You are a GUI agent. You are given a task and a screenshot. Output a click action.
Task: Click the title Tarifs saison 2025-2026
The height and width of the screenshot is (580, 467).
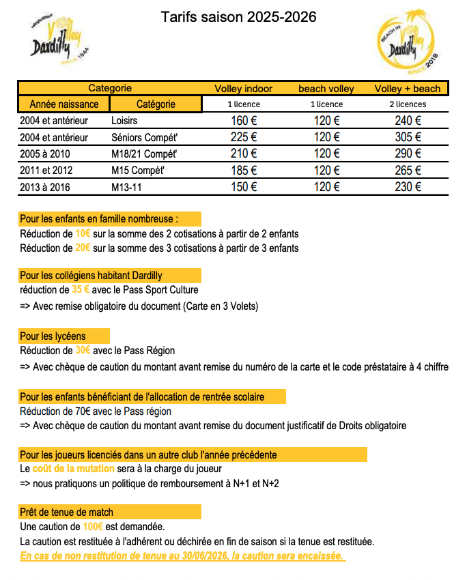coord(238,17)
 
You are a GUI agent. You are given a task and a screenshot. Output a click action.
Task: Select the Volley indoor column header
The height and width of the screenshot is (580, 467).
coord(243,89)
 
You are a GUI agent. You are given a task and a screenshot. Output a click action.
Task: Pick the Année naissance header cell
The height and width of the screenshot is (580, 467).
coord(64,104)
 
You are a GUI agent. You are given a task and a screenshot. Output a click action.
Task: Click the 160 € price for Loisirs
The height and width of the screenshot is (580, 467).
coord(243,121)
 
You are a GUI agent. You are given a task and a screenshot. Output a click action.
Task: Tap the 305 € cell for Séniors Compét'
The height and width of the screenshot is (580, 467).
coord(408,137)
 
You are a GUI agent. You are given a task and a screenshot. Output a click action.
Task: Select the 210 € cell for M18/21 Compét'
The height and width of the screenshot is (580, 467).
coord(243,154)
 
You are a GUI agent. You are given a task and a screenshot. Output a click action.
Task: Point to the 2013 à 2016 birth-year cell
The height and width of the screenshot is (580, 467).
coord(45,186)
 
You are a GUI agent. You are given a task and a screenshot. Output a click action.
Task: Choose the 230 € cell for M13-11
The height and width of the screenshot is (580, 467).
coord(408,186)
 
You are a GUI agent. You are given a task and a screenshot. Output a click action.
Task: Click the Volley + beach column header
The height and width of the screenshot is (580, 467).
coord(408,89)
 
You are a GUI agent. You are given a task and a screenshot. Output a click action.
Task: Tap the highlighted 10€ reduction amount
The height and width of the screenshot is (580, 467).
coord(83,233)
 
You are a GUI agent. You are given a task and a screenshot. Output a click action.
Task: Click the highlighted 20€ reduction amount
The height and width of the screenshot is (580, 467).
coord(83,248)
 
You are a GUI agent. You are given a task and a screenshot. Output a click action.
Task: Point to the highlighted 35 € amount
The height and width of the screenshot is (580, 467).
coord(81,289)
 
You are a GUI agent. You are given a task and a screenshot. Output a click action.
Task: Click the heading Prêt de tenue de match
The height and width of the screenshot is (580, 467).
coord(67,512)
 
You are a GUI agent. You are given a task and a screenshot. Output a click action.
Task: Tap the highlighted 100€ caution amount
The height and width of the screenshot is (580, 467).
coord(92,527)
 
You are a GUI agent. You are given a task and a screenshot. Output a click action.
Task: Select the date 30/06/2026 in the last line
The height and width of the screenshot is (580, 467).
coord(203,556)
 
